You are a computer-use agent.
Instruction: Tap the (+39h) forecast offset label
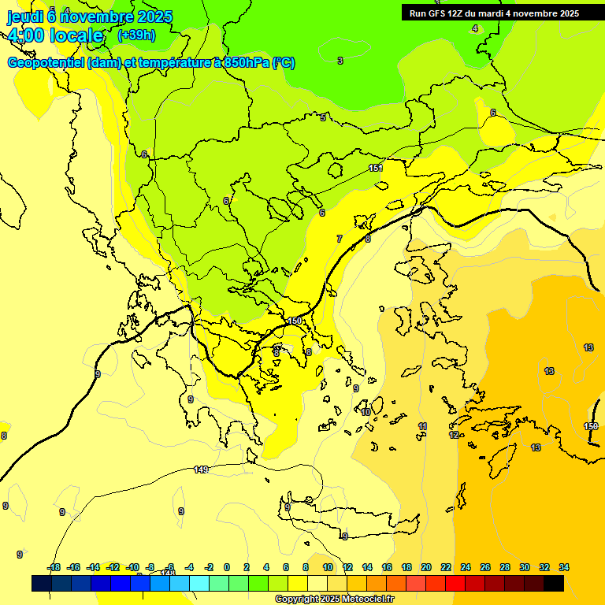[x=136, y=35]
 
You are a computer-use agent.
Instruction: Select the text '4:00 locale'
[x=55, y=35]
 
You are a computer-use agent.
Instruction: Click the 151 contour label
[x=376, y=169]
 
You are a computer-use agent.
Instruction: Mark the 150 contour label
[x=295, y=321]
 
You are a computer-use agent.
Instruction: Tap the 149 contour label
[x=201, y=470]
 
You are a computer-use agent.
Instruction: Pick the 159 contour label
[x=591, y=426]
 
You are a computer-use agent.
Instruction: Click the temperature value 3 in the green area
[x=340, y=61]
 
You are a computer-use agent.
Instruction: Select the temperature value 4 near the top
[x=474, y=28]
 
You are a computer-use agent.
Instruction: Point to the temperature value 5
[x=322, y=118]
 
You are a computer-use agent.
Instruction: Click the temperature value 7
[x=340, y=239]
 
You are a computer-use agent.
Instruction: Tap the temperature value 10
[x=366, y=412]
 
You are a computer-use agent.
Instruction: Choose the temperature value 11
[x=423, y=426]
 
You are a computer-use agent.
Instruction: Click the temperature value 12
[x=454, y=435]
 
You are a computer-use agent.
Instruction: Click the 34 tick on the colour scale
[x=564, y=567]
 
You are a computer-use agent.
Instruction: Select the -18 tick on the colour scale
[x=54, y=567]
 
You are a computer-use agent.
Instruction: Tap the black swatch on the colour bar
[x=554, y=584]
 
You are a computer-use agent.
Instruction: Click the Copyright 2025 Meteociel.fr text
[x=334, y=599]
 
